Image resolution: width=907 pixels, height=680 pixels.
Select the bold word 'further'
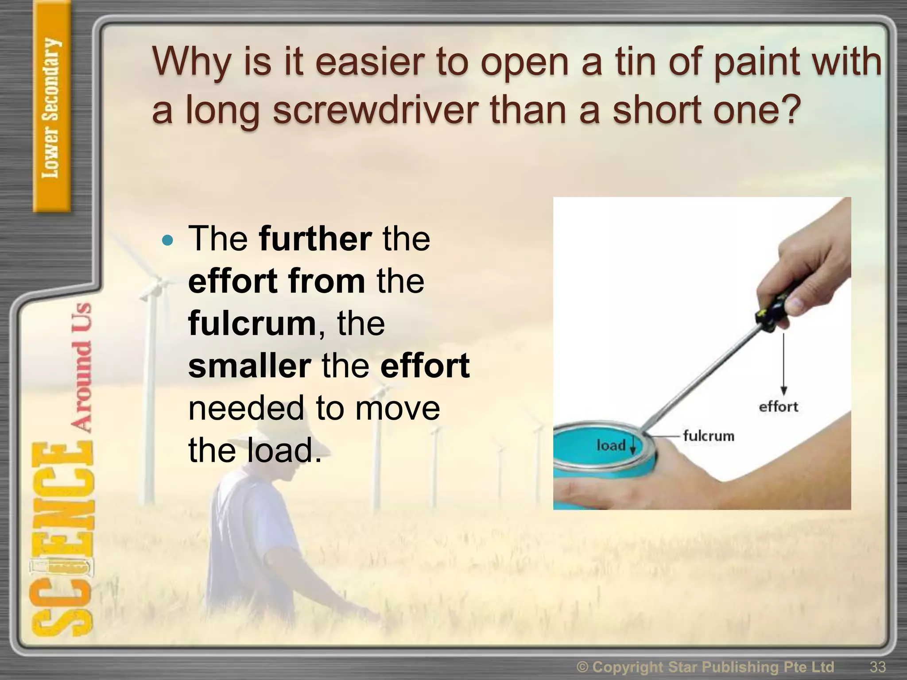pos(315,239)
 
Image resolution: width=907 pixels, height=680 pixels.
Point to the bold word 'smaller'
pos(249,366)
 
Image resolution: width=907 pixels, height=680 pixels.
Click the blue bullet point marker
pos(167,241)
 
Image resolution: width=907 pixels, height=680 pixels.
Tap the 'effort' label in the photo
pos(778,407)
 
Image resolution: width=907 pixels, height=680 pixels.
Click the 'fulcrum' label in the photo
pos(708,436)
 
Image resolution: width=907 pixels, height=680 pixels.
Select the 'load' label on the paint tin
pos(611,445)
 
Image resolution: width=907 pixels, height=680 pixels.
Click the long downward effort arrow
pos(783,363)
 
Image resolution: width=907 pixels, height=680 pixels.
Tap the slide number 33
pos(878,666)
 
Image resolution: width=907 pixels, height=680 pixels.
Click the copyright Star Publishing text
pos(705,666)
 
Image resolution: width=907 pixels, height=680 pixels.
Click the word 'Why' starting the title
pos(191,62)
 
